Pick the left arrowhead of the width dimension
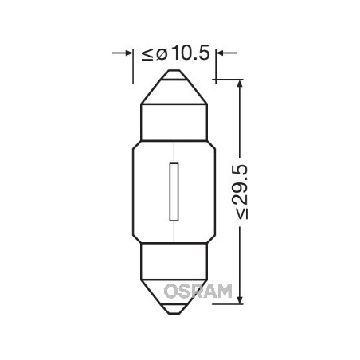127,53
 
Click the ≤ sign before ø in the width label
147,54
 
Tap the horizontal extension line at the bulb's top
227,79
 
